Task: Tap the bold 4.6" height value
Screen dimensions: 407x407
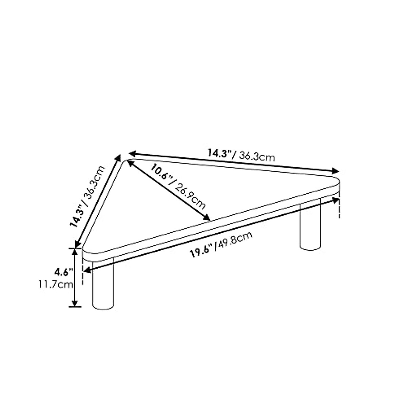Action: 64,272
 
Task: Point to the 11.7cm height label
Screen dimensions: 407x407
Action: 56,284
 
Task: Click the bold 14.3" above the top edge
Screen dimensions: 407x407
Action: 219,153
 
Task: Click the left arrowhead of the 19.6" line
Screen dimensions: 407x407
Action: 87,270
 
